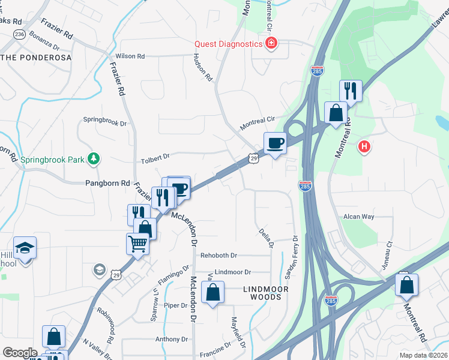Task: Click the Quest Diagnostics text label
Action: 228,44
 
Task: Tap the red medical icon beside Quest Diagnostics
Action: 271,44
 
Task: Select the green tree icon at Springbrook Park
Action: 94,159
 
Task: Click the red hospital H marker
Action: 363,146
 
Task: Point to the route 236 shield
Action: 20,35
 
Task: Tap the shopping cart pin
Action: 138,244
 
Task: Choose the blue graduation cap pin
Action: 25,247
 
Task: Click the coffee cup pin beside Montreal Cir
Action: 276,143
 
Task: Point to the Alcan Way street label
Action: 358,217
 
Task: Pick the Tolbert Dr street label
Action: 155,156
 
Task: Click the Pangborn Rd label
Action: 108,182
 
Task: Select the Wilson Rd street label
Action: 130,56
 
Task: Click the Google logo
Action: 20,353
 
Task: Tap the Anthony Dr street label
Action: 172,339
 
